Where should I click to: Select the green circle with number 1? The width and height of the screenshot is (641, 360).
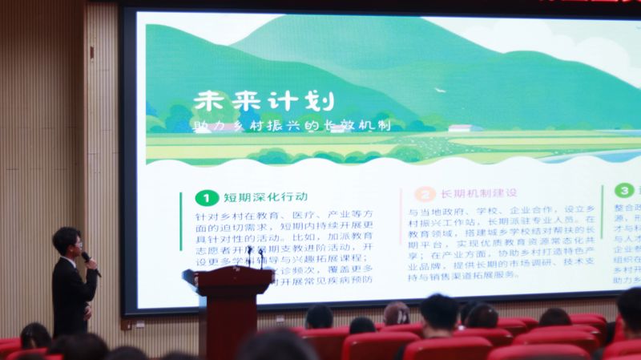pos(206,197)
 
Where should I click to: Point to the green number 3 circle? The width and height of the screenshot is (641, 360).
pos(623,191)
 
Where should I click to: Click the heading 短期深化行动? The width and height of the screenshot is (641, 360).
pos(265,197)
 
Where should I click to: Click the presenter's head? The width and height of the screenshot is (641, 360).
pos(67,241)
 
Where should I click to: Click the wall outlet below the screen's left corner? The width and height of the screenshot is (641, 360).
pos(127,326)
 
